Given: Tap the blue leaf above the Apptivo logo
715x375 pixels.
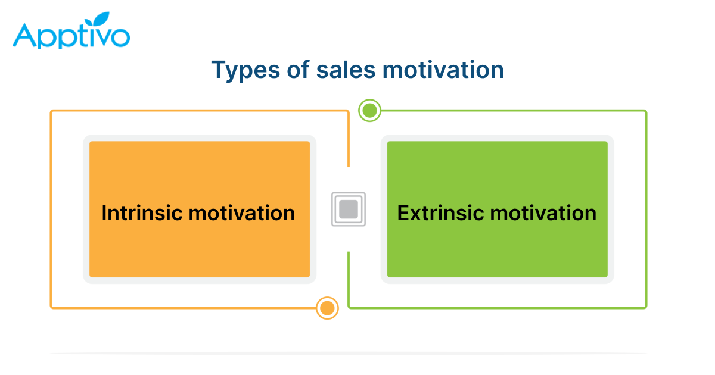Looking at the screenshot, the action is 97,19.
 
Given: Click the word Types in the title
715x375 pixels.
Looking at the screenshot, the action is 245,70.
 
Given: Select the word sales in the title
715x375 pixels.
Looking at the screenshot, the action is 346,70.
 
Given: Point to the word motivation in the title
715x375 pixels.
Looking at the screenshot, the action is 443,70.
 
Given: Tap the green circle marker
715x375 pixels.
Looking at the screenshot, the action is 369,111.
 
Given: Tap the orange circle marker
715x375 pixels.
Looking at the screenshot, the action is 327,308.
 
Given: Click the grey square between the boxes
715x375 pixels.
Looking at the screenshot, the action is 349,209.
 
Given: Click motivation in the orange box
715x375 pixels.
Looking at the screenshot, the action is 242,212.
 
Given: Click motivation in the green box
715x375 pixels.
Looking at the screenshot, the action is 543,212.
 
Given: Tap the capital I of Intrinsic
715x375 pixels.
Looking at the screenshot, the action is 104,212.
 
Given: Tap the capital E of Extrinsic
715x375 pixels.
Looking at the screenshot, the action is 403,212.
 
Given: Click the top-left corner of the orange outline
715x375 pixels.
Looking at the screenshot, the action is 51,111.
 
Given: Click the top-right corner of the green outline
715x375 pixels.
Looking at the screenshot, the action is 646,111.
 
